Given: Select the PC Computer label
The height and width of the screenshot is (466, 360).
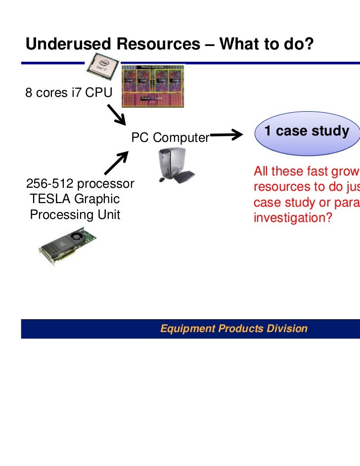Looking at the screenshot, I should coord(170,137).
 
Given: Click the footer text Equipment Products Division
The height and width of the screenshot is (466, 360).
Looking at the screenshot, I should coord(233,329).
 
